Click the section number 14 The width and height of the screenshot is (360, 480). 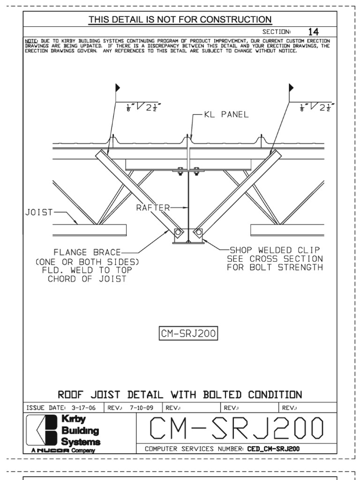[313, 32]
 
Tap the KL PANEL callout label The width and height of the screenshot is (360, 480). [226, 115]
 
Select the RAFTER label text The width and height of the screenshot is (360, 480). [152, 207]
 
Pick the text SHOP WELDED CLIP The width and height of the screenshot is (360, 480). [274, 250]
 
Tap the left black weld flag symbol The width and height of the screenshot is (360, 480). [118, 88]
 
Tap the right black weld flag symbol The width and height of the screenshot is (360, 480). [291, 88]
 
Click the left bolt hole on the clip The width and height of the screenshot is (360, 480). [179, 232]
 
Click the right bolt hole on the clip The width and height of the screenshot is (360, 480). [198, 232]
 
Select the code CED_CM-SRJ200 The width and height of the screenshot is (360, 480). [273, 449]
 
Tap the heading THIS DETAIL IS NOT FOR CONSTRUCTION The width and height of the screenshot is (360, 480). [180, 19]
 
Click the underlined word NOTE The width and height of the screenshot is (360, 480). [31, 41]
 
